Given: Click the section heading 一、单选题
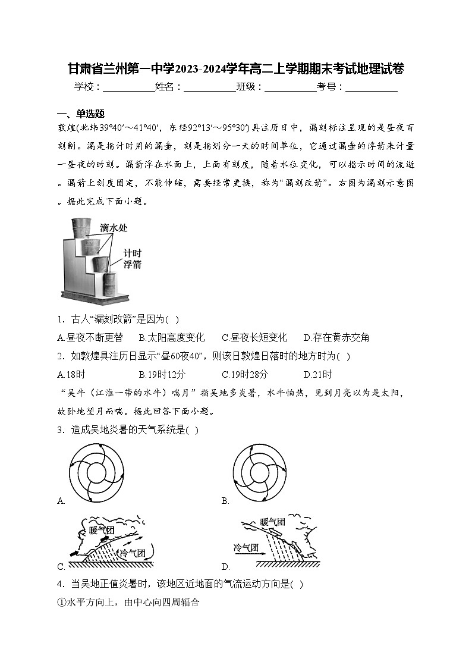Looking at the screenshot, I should [x=81, y=114].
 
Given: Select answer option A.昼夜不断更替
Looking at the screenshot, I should [x=90, y=338].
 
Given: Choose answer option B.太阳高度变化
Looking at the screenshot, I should [x=172, y=338].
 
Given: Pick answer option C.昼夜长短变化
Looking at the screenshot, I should [x=254, y=338].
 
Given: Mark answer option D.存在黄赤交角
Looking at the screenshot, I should [x=336, y=338].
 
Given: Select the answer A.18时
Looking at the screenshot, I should [x=71, y=374].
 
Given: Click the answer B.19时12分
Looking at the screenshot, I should [x=162, y=374].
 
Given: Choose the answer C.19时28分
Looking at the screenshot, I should [x=245, y=374].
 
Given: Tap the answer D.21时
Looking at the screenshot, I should [x=317, y=374].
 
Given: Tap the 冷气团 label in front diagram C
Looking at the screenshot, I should [x=133, y=553].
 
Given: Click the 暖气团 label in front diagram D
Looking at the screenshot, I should [x=272, y=522].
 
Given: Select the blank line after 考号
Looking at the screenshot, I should [x=371, y=87].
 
